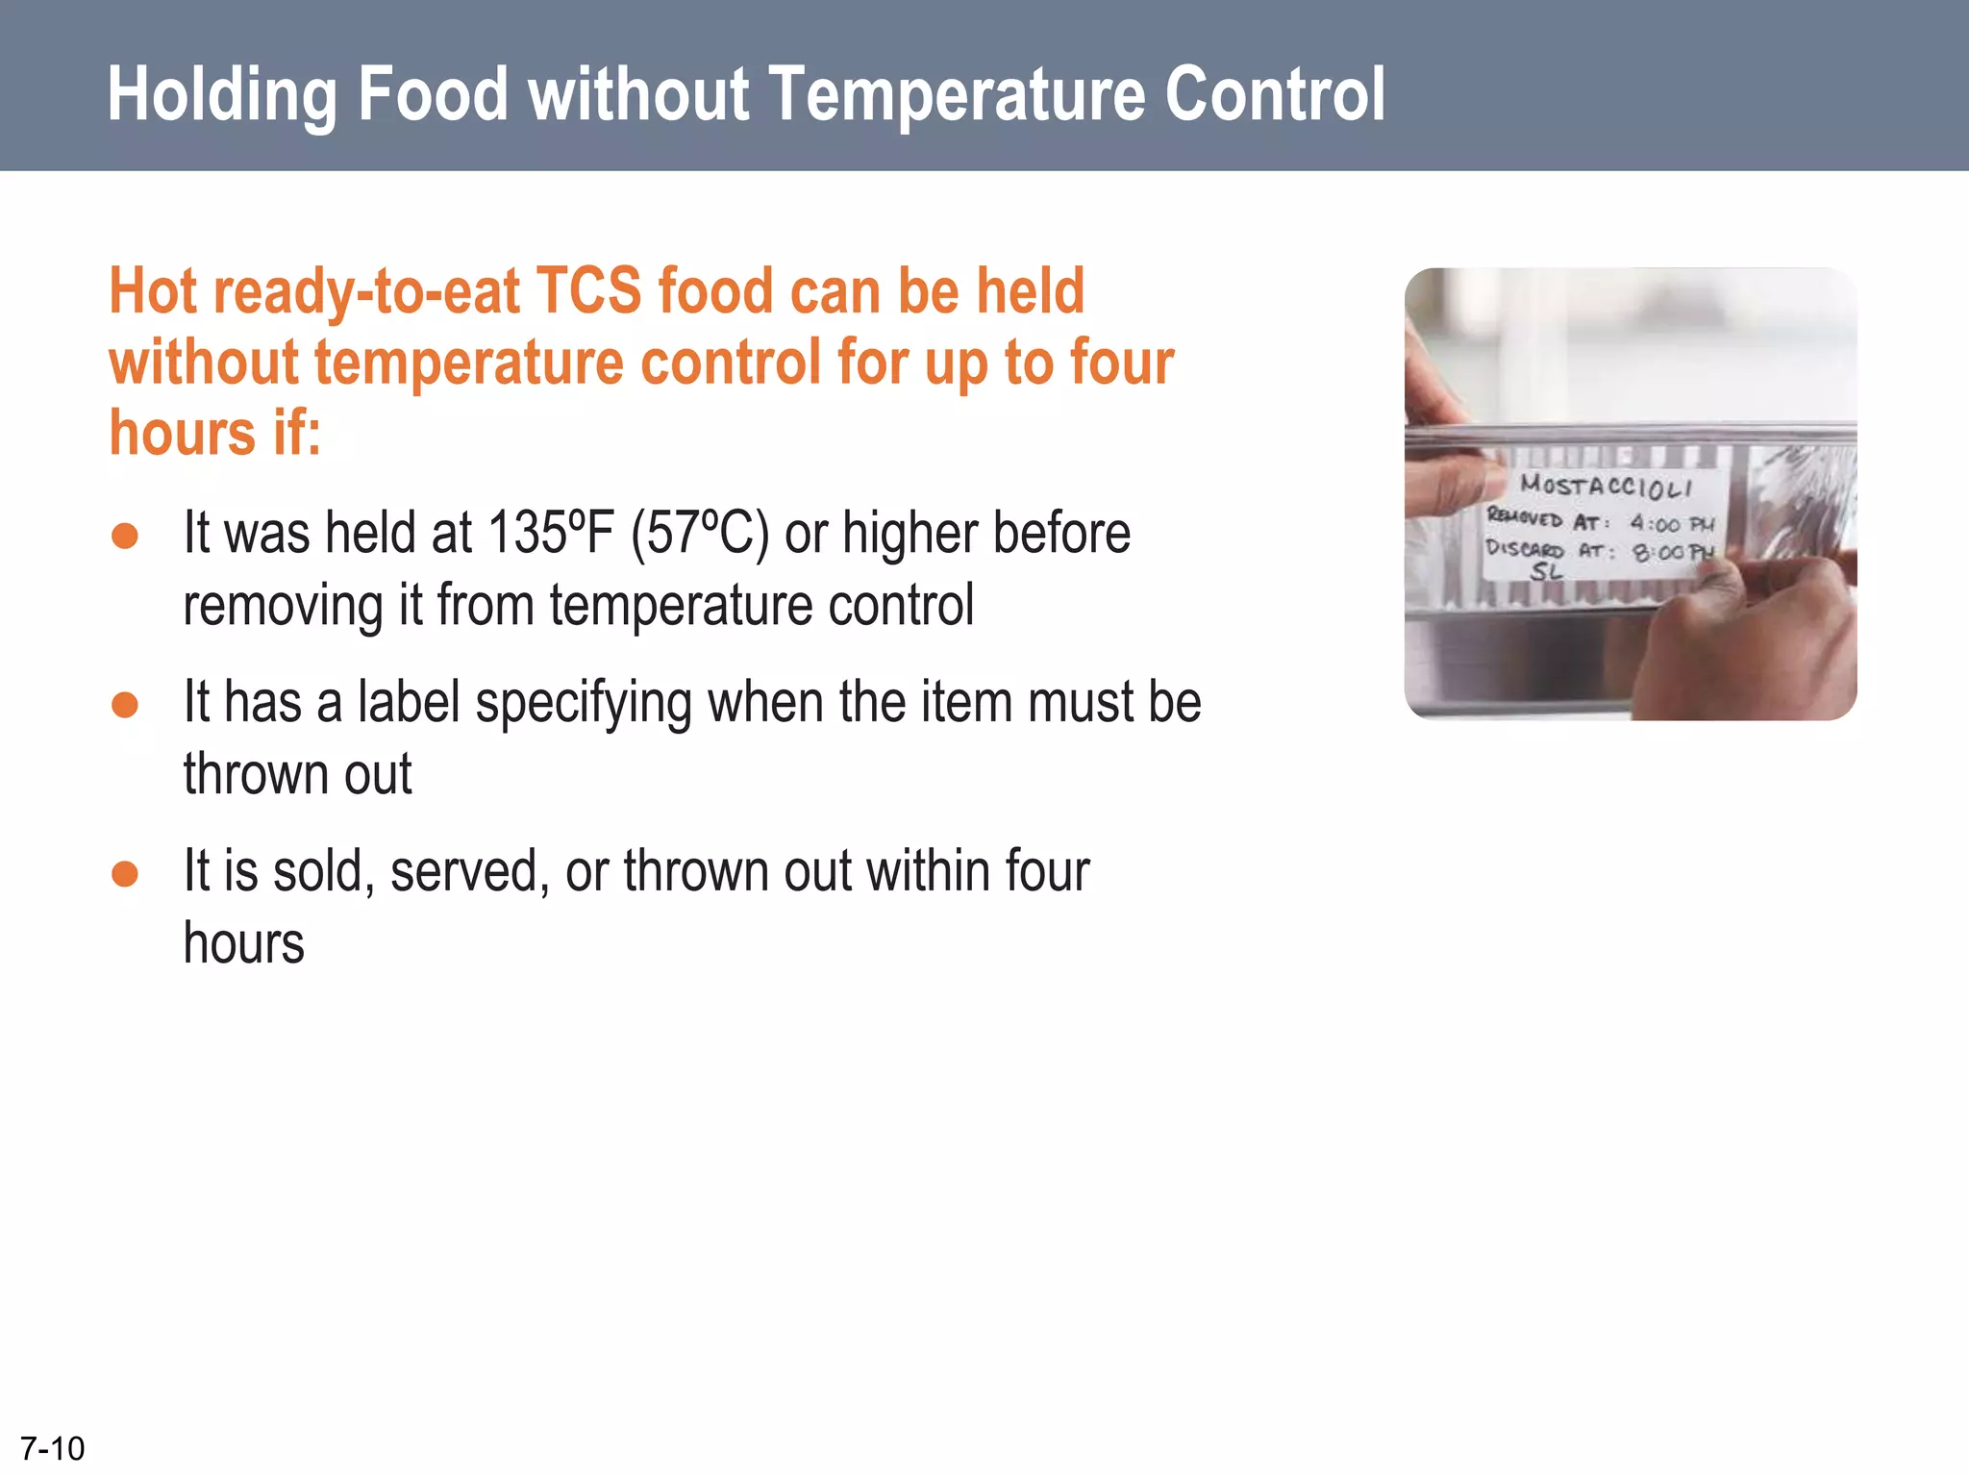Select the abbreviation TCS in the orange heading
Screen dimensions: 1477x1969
click(588, 290)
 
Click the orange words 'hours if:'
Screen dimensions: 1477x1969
click(214, 433)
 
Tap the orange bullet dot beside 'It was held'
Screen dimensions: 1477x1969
click(125, 536)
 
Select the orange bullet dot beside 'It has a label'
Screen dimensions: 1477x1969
click(125, 705)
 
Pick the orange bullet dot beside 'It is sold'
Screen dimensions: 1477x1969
click(125, 873)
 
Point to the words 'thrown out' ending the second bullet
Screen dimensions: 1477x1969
click(297, 774)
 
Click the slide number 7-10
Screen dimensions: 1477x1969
click(52, 1448)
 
